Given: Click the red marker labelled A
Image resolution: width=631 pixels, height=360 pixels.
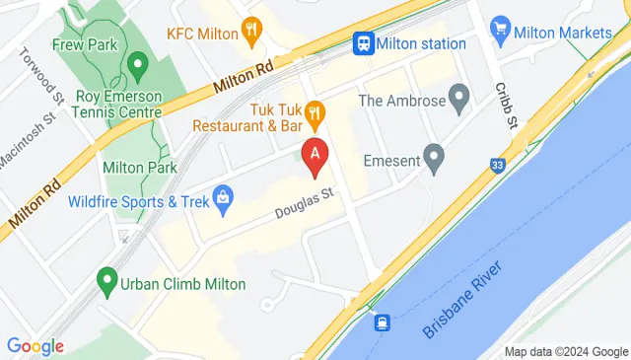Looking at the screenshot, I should [x=315, y=156].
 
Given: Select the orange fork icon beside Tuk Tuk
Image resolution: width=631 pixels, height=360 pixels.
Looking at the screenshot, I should [x=315, y=111].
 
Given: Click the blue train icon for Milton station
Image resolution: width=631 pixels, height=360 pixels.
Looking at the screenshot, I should [x=364, y=43].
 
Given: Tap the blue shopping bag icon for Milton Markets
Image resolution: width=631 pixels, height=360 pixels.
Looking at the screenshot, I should [x=500, y=32].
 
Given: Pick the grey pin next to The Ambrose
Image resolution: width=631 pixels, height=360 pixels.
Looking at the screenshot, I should [x=457, y=98].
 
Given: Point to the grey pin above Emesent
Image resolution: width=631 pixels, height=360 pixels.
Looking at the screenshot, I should [x=433, y=155].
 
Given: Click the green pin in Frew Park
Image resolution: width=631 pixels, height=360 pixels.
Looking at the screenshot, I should [x=137, y=66].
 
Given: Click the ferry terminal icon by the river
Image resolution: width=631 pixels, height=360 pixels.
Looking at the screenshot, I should [x=382, y=322].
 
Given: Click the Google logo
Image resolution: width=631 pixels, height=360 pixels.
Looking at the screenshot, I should [x=35, y=346].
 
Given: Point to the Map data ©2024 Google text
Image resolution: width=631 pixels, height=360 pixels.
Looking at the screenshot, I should [x=565, y=352].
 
